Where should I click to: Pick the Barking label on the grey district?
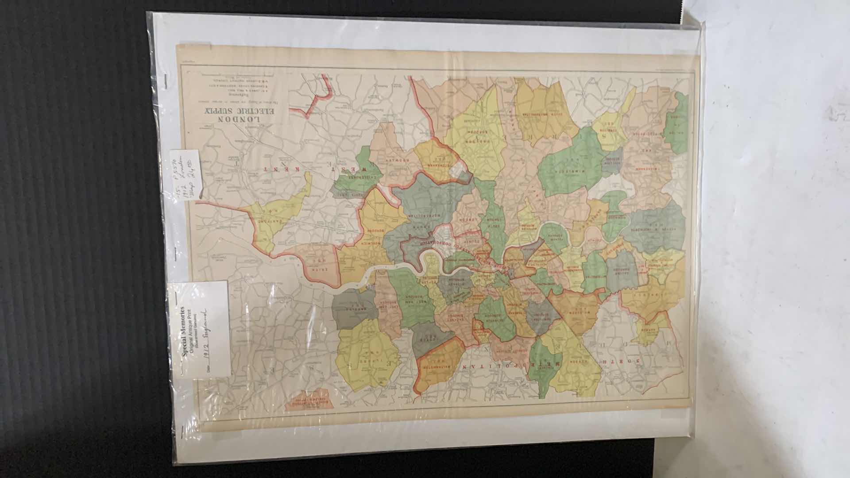tap(354, 308)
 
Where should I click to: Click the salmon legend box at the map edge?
tap(307, 403)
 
